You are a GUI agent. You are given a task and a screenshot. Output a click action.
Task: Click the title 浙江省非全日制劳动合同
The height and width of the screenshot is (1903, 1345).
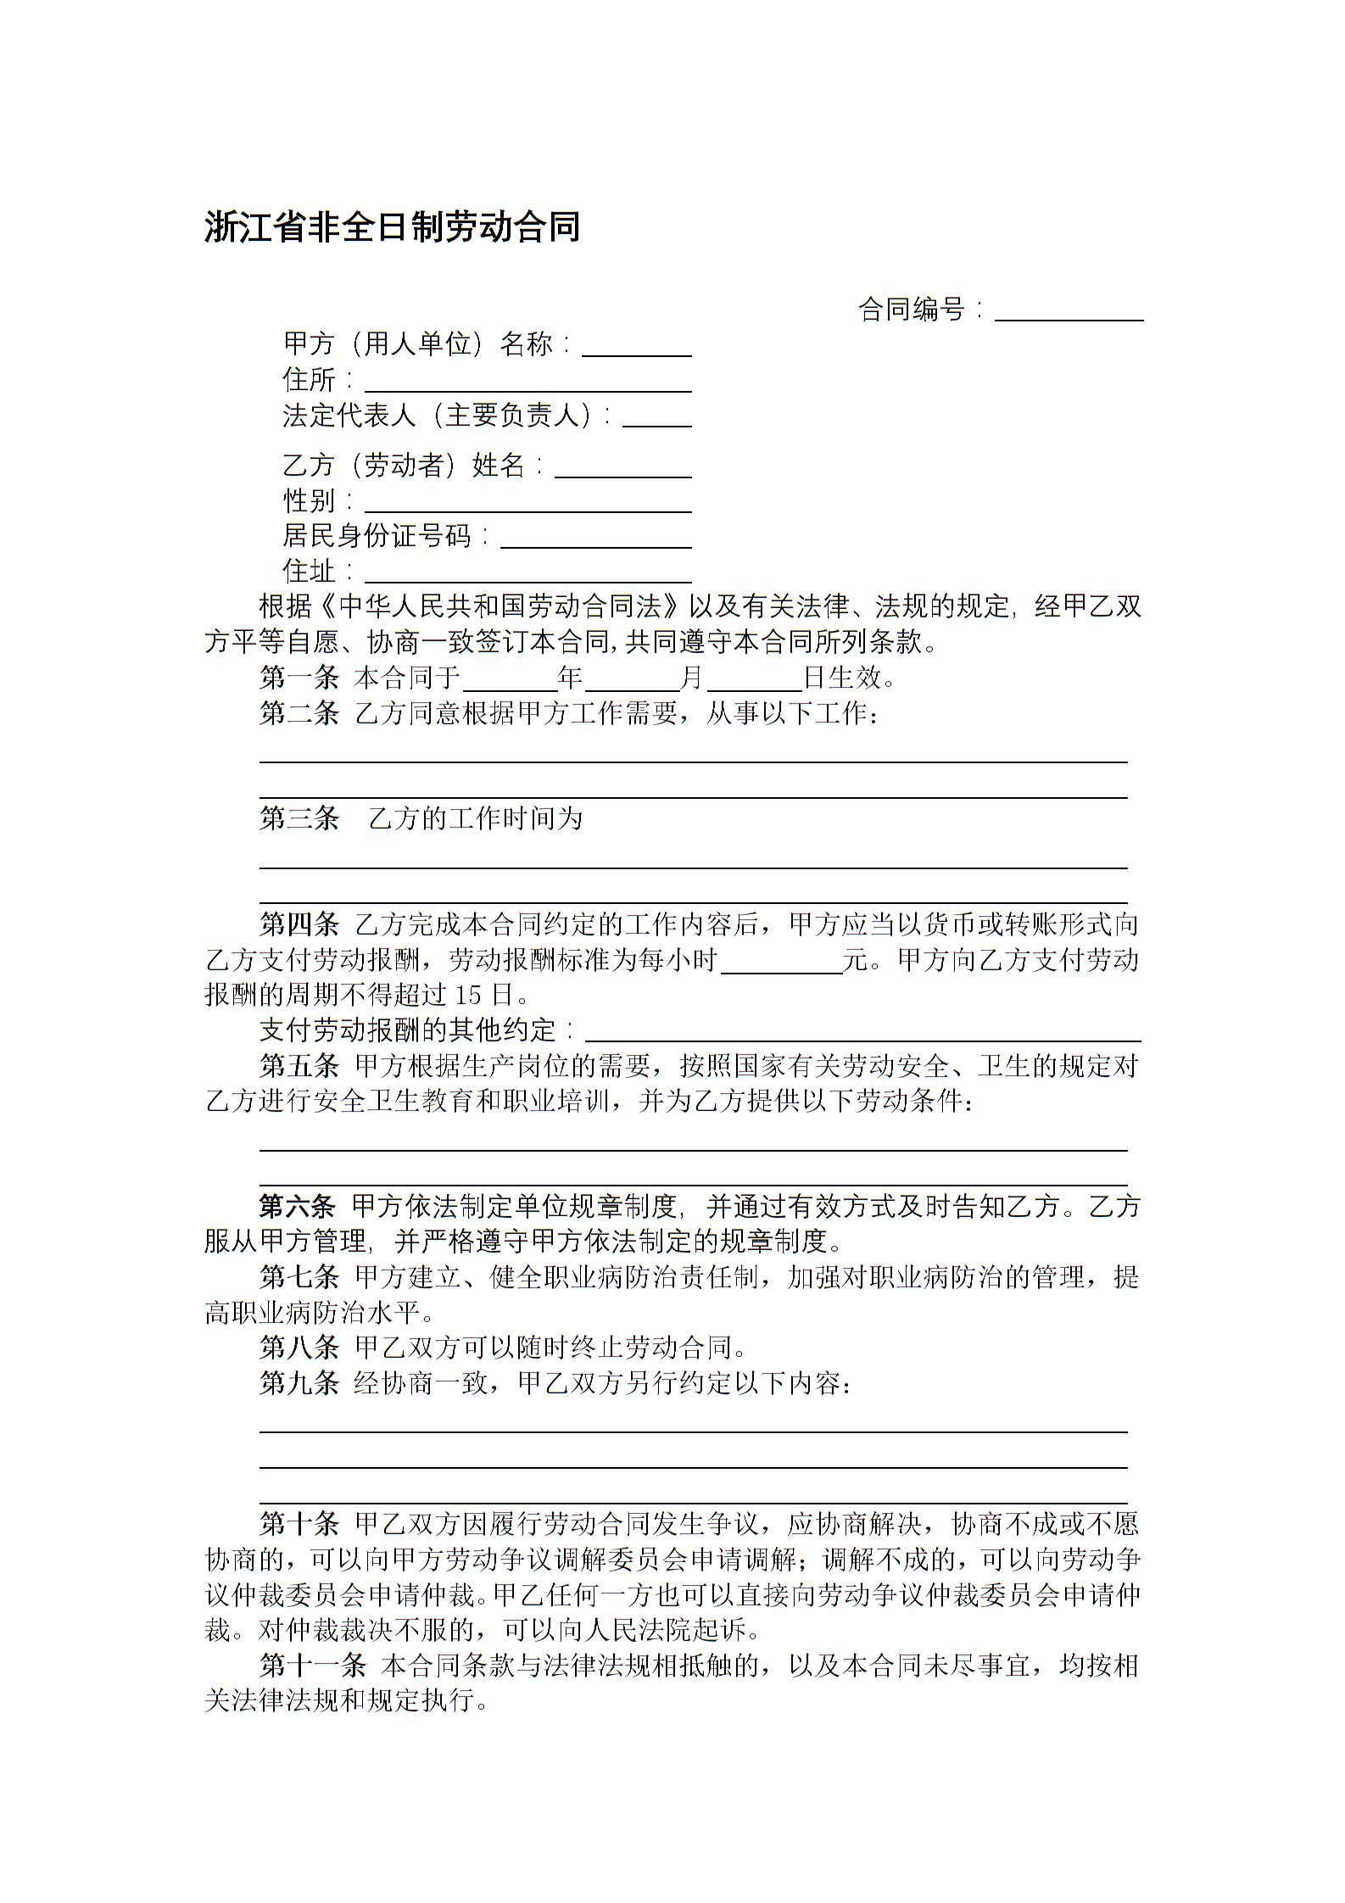coord(392,227)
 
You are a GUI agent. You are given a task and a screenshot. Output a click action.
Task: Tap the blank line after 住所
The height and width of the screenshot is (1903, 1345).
coord(527,382)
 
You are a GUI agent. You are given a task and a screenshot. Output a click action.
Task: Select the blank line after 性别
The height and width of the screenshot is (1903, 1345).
coord(527,503)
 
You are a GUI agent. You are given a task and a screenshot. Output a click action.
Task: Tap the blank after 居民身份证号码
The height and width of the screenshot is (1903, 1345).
coord(595,539)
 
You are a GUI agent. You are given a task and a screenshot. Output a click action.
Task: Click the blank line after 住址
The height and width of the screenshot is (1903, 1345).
coord(527,574)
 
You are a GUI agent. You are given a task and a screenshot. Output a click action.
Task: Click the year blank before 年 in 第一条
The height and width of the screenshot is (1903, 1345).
coord(510,679)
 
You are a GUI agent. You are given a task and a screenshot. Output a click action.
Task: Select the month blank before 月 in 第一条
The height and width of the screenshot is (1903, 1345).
coord(632,679)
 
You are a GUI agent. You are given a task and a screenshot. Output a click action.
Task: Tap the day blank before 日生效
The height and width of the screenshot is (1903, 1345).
coord(754,679)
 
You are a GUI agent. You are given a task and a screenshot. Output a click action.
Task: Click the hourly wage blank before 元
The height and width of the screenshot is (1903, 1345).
coord(781,962)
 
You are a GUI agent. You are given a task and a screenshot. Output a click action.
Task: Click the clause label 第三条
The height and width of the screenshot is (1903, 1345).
coord(299,818)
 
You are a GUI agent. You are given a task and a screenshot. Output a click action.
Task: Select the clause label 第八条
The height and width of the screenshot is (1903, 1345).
coord(299,1348)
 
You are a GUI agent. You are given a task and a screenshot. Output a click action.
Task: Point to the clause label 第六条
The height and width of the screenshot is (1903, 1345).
coord(299,1206)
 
